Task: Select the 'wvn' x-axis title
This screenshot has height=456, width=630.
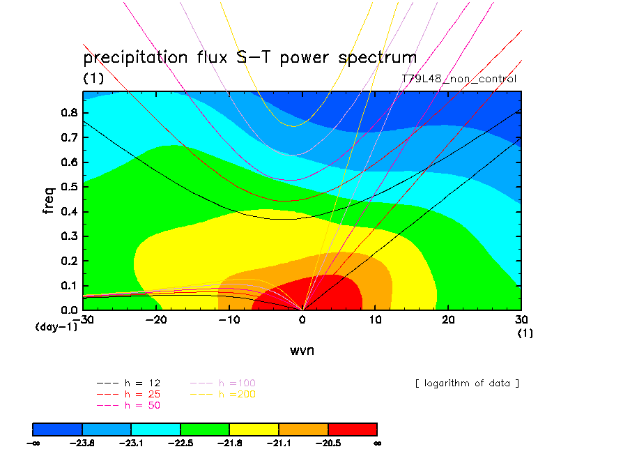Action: pos(302,350)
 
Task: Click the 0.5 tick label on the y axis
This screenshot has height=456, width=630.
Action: pos(68,187)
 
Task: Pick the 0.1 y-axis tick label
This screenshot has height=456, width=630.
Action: pos(68,285)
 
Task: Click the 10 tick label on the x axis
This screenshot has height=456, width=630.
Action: pos(375,319)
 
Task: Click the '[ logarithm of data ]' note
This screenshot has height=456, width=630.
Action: pos(467,383)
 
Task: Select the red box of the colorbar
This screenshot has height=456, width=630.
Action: pos(353,428)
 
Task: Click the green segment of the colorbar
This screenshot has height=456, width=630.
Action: pos(205,428)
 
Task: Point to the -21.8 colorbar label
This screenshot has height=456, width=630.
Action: pos(230,442)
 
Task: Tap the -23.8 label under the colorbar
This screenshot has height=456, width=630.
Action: pos(82,442)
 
